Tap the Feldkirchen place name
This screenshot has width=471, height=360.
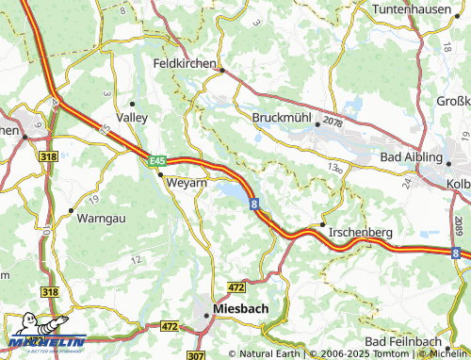pos(184,63)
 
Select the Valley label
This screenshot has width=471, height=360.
pos(131,117)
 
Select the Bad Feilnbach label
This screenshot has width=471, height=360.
pos(407,339)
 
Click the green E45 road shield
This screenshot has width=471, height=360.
pos(156,161)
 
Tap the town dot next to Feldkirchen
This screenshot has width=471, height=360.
pos(220,70)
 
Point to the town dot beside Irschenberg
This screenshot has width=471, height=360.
pos(322,225)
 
